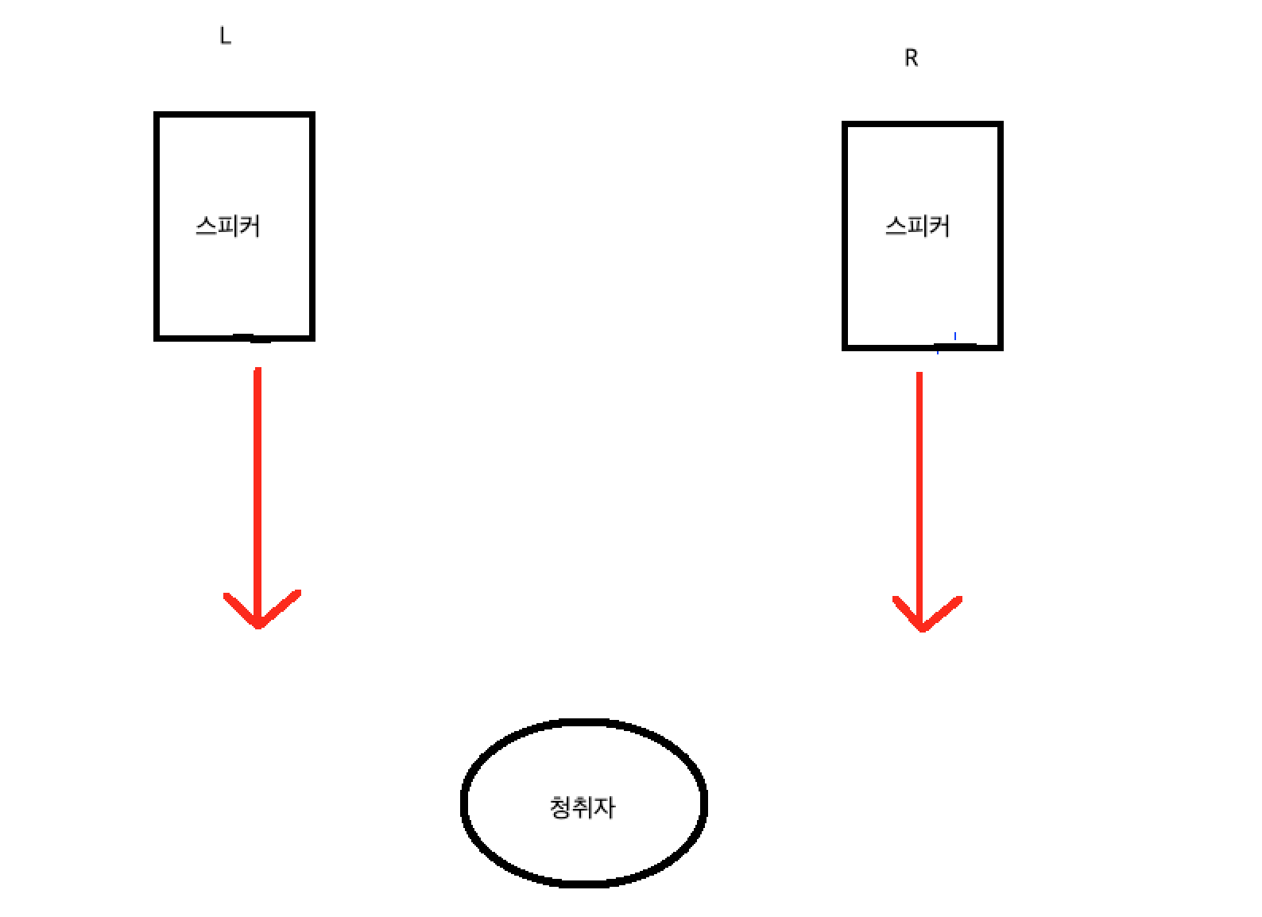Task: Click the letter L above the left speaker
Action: tap(225, 36)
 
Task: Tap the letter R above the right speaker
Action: tap(912, 58)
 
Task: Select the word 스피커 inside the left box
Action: tap(228, 226)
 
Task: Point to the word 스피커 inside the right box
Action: tap(918, 226)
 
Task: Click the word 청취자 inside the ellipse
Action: tap(583, 807)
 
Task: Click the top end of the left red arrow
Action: tap(257, 370)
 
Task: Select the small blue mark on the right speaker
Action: tap(954, 336)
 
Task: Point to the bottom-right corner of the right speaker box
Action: tap(1000, 346)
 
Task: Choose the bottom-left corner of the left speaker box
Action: tap(157, 337)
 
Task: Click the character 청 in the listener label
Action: tap(560, 807)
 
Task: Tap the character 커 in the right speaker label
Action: tap(939, 226)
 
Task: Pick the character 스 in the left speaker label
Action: tap(207, 226)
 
